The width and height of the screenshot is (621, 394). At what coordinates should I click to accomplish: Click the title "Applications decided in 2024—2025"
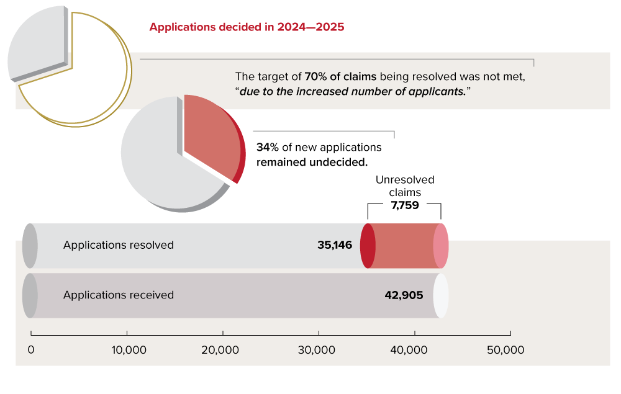247,27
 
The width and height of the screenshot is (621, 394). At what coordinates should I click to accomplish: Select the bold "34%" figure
267,148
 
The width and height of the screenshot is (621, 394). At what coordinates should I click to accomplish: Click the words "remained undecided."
312,162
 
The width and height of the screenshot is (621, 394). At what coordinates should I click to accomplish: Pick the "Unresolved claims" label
405,186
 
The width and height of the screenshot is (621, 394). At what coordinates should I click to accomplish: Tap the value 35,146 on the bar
335,245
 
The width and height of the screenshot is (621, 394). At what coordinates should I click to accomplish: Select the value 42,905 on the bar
404,295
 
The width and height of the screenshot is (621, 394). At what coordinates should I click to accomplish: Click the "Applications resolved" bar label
119,245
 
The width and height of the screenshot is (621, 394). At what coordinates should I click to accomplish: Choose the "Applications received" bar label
119,295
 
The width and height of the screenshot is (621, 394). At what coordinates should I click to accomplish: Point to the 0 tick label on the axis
31,350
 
